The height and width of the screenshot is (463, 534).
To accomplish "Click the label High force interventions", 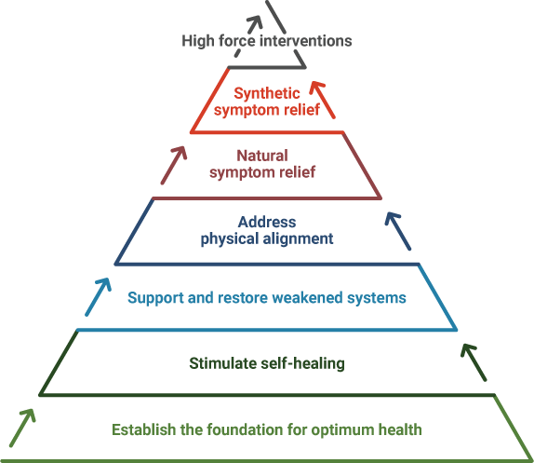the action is (x=267, y=41).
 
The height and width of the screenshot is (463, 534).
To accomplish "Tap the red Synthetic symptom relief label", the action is (x=267, y=102).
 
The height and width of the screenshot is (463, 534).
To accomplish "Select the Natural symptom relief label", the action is (x=262, y=164).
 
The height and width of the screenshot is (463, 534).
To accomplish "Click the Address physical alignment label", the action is (x=267, y=230).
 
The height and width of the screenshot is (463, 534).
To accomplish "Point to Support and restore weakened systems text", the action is (x=267, y=298).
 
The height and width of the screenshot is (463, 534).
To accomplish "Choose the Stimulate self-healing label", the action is (x=267, y=363).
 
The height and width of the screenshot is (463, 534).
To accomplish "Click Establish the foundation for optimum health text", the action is (x=267, y=429).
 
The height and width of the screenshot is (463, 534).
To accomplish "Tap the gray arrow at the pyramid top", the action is (x=249, y=35).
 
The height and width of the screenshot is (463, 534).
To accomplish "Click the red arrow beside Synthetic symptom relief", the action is (x=322, y=100).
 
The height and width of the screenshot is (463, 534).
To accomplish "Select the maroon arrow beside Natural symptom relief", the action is (x=174, y=166).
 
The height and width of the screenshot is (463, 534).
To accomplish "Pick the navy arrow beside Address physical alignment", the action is (x=398, y=231).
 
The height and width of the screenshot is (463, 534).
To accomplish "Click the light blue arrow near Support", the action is (x=98, y=297).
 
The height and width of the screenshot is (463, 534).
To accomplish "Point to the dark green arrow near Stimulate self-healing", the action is (x=474, y=362).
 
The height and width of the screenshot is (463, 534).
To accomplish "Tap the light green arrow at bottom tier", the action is (x=22, y=428).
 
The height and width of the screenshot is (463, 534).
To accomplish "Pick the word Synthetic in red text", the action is (x=267, y=94).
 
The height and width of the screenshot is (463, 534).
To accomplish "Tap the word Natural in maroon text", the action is (x=262, y=156).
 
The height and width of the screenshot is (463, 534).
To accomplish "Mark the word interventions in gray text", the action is (x=306, y=41).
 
